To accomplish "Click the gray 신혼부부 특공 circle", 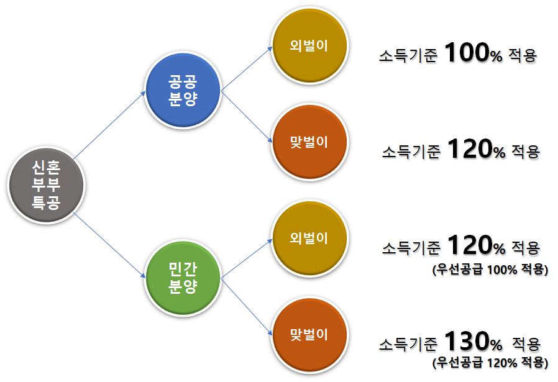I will (45, 184).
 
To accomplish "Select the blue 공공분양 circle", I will (183, 91).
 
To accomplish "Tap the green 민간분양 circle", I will (183, 278).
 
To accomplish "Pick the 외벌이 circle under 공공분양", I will (309, 47).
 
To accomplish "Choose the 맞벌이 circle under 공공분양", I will (309, 142).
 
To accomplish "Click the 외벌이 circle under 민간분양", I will (309, 238).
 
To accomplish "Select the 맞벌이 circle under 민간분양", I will (309, 334).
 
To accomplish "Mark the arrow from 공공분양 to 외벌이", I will (247, 68).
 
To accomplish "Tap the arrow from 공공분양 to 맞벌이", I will (247, 116).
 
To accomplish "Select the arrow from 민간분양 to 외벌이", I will (247, 257).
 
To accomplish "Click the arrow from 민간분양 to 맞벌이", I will (247, 306).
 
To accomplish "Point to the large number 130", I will (467, 342).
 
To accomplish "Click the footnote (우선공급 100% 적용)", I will (490, 270).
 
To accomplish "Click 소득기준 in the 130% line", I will (408, 343).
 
